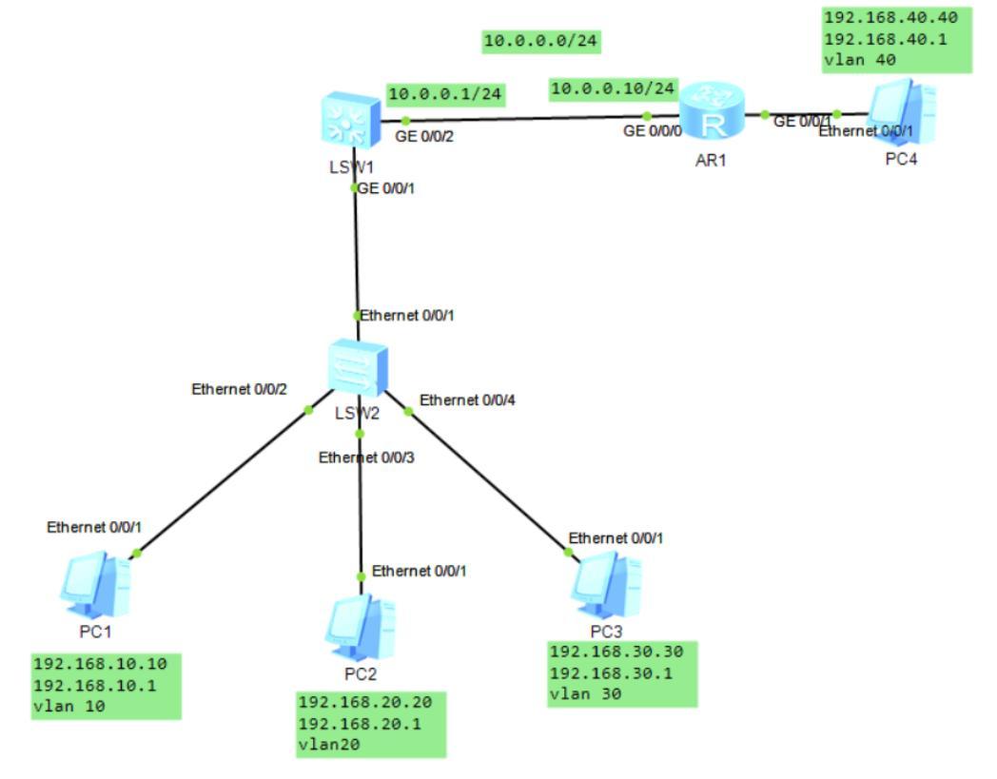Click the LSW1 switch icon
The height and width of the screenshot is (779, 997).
[351, 121]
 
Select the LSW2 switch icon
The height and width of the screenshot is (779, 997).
[358, 366]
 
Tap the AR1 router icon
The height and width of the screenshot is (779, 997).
[711, 115]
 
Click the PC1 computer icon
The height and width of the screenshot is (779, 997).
[95, 586]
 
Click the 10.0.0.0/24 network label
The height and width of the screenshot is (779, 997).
[541, 41]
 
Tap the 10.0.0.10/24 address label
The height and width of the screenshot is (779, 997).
[614, 88]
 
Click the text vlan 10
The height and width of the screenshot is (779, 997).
[68, 706]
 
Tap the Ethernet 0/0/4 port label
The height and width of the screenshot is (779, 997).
[469, 399]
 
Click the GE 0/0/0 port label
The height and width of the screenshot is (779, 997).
[653, 131]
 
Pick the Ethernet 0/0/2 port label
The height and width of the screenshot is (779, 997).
[240, 389]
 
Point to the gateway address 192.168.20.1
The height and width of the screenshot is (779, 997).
[360, 724]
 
